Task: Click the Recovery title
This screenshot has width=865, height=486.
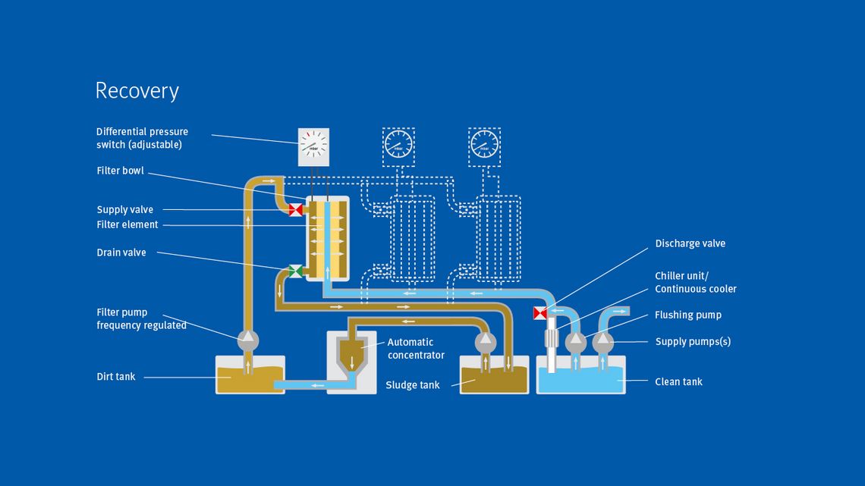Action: click(137, 91)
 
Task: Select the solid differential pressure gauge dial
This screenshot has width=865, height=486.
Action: click(313, 144)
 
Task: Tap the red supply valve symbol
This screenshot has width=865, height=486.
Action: click(296, 209)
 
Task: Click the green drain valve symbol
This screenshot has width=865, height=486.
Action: click(296, 271)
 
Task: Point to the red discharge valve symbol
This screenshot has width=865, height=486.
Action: click(540, 312)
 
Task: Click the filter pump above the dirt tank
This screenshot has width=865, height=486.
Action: click(247, 340)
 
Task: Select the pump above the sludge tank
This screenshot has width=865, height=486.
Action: click(485, 340)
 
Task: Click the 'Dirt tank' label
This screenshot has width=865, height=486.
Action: click(115, 376)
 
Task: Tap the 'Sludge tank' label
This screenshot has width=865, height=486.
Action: click(412, 385)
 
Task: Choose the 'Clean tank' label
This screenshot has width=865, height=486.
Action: click(678, 381)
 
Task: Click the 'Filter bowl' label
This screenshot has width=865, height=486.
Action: click(120, 171)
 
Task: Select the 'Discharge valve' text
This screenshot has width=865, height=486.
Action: click(690, 243)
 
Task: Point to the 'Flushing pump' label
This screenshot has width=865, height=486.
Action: click(688, 315)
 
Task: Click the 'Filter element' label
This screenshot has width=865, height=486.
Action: click(127, 224)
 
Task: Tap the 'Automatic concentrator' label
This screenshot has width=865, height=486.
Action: click(416, 349)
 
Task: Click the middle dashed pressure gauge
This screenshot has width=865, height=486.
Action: click(398, 144)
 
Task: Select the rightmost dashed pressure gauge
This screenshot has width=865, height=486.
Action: click(484, 144)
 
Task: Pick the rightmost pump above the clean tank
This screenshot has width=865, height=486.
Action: click(603, 341)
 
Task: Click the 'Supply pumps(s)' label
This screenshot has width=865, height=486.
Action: click(693, 341)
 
